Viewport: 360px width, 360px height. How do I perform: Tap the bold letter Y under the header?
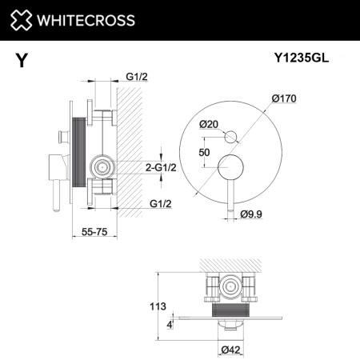click(x=18, y=58)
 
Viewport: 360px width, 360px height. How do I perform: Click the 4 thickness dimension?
click(x=170, y=324)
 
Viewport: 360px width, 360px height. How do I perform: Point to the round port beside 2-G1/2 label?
click(x=102, y=167)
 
